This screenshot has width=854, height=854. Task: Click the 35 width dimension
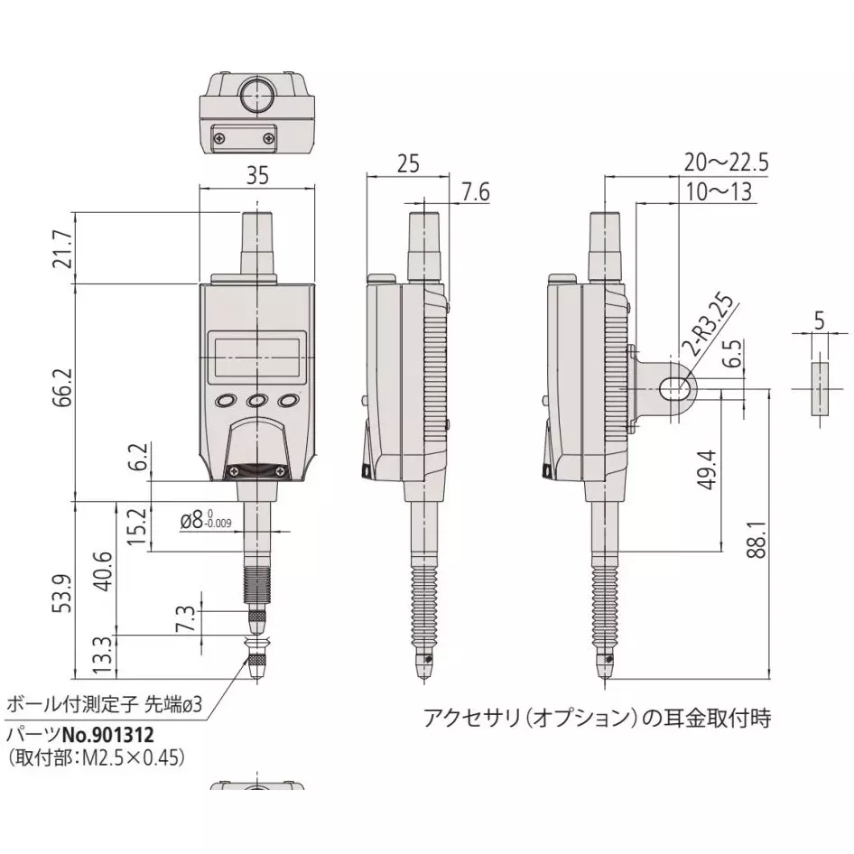(257, 177)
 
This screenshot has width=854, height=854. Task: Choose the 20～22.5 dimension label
(725, 162)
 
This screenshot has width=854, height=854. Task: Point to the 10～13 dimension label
(718, 192)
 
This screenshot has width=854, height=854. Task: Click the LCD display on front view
(257, 355)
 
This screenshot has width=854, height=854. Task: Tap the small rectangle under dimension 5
(820, 388)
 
